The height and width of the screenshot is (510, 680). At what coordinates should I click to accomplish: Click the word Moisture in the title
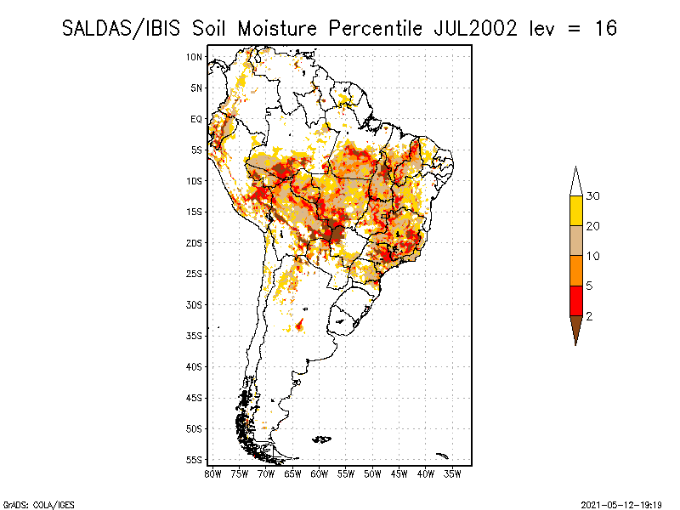click(x=278, y=29)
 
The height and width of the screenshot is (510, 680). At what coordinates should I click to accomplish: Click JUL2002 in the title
click(x=476, y=29)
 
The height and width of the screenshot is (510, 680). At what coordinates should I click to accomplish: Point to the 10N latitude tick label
click(x=194, y=57)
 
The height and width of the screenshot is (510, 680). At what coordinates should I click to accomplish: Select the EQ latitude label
click(x=196, y=119)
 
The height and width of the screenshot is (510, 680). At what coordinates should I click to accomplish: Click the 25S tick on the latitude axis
click(x=194, y=274)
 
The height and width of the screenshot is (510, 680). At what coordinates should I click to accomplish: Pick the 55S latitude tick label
click(x=194, y=460)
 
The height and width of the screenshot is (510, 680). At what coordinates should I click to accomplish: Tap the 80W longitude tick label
click(x=212, y=474)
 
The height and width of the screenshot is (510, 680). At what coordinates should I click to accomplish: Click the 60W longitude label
click(x=320, y=474)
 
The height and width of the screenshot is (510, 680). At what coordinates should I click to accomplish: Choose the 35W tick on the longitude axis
click(x=452, y=474)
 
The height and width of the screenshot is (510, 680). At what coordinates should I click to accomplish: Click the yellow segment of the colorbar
click(x=576, y=211)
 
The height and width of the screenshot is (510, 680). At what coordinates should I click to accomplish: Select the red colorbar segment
click(x=576, y=301)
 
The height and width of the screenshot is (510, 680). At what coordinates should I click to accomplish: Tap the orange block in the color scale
click(x=576, y=271)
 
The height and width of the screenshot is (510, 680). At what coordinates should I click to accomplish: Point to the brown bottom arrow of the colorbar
click(x=576, y=328)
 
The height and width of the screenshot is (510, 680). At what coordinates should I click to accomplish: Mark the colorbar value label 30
click(x=592, y=196)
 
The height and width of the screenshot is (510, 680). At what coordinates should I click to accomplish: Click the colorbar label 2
click(x=589, y=316)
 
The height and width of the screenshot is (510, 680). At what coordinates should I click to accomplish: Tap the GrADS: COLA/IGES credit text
click(x=38, y=505)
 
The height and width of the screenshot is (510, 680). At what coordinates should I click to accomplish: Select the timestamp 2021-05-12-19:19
click(x=621, y=505)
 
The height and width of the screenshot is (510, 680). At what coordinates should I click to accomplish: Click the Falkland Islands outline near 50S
click(x=322, y=439)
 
